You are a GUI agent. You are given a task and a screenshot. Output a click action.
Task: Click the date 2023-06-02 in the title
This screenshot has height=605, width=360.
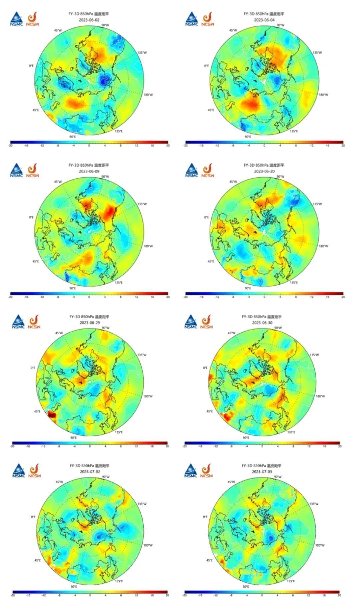pyautogui.click(x=89, y=20)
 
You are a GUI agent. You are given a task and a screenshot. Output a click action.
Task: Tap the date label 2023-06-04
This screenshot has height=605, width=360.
pyautogui.click(x=264, y=20)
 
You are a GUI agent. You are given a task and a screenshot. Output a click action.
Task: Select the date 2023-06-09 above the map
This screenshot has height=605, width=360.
pyautogui.click(x=89, y=171)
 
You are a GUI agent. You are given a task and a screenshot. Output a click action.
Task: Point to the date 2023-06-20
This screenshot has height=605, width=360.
pyautogui.click(x=264, y=171)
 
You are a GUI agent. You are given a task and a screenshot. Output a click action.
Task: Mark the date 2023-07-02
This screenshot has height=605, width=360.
pyautogui.click(x=90, y=472)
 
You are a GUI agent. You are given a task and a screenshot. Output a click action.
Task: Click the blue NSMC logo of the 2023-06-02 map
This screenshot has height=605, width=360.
pyautogui.click(x=16, y=19)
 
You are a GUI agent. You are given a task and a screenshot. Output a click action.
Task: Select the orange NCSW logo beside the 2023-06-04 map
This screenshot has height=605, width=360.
pyautogui.click(x=208, y=19)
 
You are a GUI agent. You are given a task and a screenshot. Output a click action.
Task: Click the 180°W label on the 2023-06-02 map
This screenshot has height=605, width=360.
pyautogui.click(x=148, y=95)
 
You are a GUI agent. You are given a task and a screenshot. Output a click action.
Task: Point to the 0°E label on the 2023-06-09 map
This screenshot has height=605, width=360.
pyautogui.click(x=31, y=217)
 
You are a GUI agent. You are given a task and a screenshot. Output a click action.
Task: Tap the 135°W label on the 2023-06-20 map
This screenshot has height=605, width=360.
pyautogui.click(x=317, y=204)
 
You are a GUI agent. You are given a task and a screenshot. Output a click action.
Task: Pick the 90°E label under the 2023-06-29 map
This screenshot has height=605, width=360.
pyautogui.click(x=73, y=437)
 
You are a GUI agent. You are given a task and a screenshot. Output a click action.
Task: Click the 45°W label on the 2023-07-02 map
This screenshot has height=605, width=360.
pyautogui.click(x=59, y=482)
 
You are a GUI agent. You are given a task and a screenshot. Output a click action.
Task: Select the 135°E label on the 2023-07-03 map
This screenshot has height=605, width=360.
pyautogui.click(x=291, y=581)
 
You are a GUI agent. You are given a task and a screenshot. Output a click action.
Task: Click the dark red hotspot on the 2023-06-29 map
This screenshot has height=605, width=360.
pyautogui.click(x=52, y=414)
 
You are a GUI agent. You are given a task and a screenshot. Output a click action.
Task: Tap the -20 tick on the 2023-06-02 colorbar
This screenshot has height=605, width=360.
pyautogui.click(x=11, y=146)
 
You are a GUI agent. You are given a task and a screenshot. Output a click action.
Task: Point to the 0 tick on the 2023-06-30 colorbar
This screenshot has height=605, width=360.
pyautogui.click(x=262, y=446)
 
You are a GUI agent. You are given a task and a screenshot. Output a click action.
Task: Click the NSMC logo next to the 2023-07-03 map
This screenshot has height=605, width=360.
pyautogui.click(x=191, y=470)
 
